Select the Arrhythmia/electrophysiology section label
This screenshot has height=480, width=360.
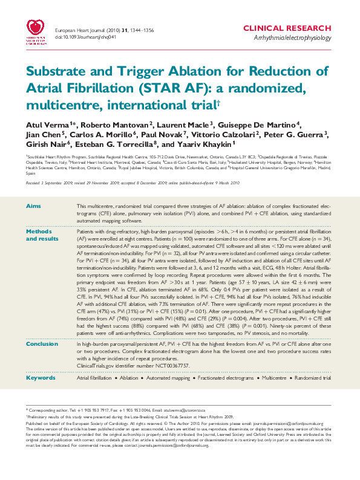coord(293,38)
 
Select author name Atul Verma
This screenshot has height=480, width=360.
coord(41,124)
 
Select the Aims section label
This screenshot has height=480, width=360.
coord(33,207)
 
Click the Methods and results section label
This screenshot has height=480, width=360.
coord(38,235)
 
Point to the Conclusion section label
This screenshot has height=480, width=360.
coord(42,343)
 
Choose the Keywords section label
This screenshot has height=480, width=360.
coord(40,378)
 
